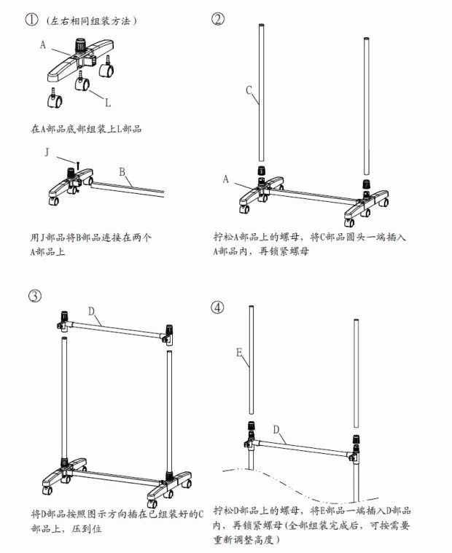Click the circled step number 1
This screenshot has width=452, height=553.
(x=31, y=20)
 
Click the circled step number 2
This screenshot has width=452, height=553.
(x=218, y=20)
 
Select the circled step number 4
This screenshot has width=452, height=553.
(x=218, y=307)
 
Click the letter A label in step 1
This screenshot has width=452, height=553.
(x=44, y=44)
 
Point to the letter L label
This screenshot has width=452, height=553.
(x=107, y=101)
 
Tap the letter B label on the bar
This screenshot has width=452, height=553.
(x=122, y=172)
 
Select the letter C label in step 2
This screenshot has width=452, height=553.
(x=249, y=91)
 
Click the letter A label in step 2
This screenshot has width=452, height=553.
(x=226, y=179)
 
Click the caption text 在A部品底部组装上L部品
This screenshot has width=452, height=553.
(x=85, y=128)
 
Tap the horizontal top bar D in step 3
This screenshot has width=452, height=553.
(x=117, y=327)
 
